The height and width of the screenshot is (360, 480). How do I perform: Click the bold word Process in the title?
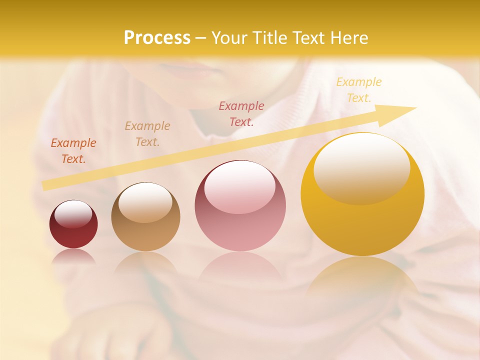click(157, 38)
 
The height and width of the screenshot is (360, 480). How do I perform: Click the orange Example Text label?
click(73, 151)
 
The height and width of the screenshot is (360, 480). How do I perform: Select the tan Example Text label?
click(147, 133)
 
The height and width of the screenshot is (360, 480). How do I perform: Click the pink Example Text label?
click(241, 113)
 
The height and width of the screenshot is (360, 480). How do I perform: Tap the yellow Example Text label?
click(359, 90)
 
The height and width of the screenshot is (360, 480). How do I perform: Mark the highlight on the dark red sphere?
click(73, 214)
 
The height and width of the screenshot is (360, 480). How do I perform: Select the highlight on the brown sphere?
click(145, 201)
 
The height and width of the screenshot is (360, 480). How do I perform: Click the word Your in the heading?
click(227, 38)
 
